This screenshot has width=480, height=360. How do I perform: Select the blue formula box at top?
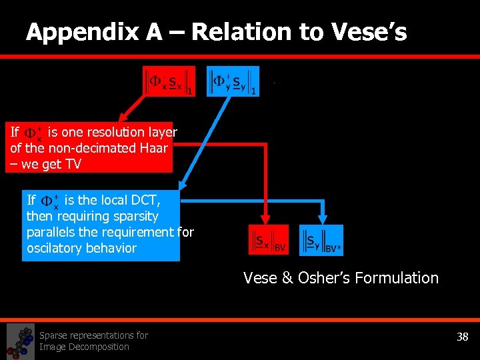[233, 81]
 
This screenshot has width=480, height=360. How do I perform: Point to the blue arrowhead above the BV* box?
[323, 219]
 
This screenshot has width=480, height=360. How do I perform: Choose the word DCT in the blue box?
[147, 200]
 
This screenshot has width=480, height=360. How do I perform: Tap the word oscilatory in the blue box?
[54, 248]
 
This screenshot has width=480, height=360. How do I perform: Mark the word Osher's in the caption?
[316, 278]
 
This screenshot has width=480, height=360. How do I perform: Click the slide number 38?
[462, 337]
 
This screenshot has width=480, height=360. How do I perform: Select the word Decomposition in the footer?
[84, 347]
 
